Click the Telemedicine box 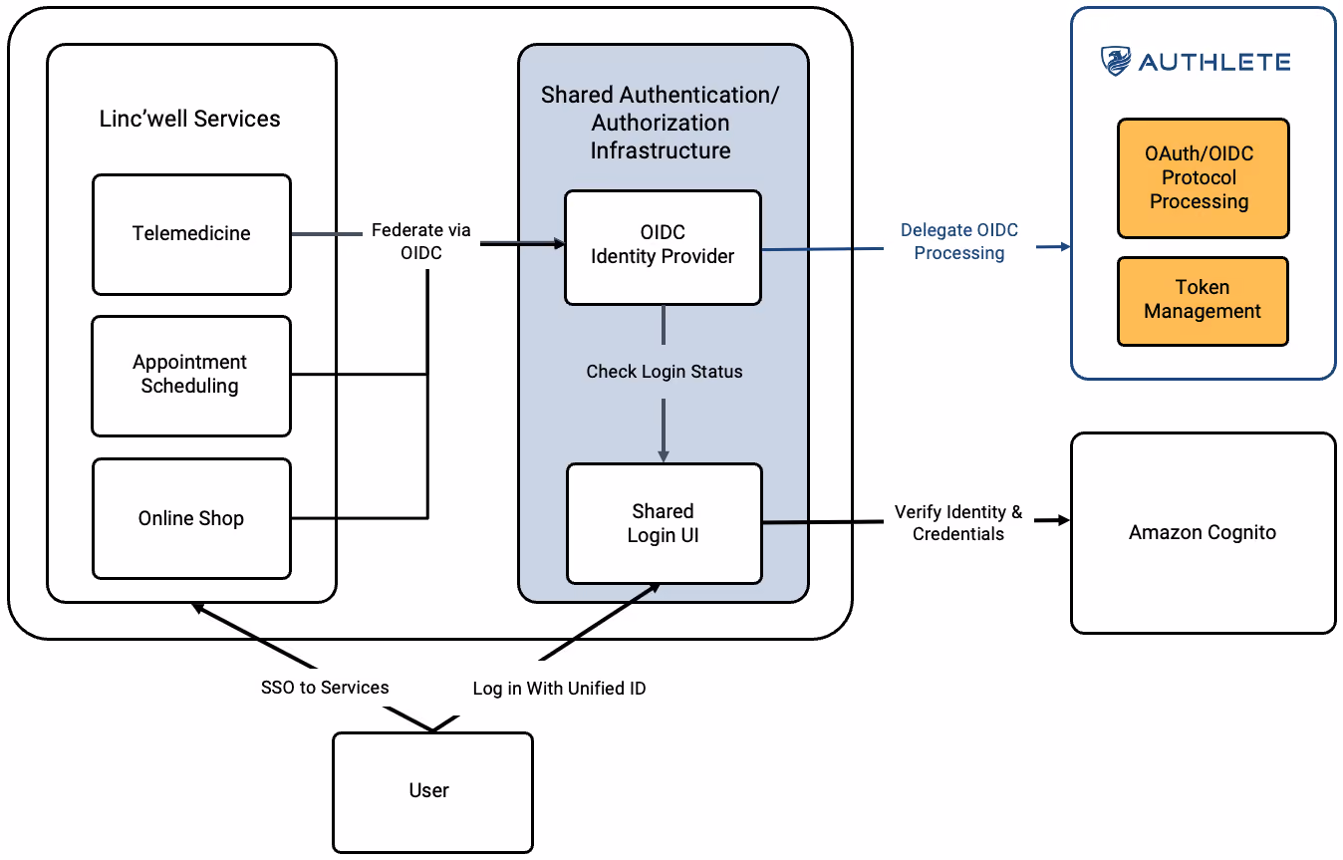pos(192,234)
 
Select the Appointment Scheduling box pos(191,376)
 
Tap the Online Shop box pos(192,519)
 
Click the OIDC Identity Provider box pos(664,247)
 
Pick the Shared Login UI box pos(665,523)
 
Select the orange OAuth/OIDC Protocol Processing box pos(1203,178)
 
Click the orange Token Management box pos(1203,301)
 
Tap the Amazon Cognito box pos(1204,532)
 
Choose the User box pos(432,792)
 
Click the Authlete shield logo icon pos(1116,61)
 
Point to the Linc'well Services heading pos(189,119)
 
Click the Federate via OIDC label pos(420,241)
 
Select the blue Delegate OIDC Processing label pos(959,241)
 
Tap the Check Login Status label pos(665,372)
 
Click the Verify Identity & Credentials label pos(958,522)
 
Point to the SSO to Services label pos(325,688)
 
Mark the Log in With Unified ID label pos(559,689)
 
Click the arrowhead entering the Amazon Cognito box pos(1064,520)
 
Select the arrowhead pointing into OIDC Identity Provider pos(558,243)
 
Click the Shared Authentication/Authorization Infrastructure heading pos(661,123)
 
